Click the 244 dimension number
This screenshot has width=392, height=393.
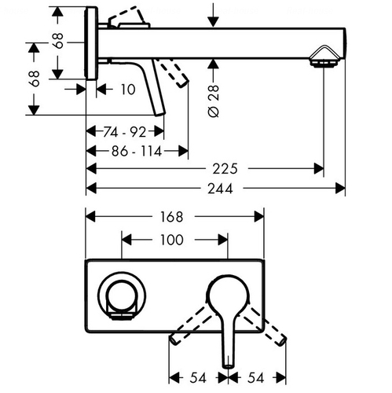pyautogui.click(x=220, y=189)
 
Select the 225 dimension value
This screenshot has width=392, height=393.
pyautogui.click(x=225, y=169)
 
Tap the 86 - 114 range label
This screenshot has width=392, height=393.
pyautogui.click(x=137, y=151)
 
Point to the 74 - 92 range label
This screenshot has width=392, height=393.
pyautogui.click(x=125, y=131)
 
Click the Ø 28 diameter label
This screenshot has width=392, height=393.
pyautogui.click(x=214, y=101)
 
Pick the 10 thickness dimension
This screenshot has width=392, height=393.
pyautogui.click(x=128, y=90)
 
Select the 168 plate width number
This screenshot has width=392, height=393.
pyautogui.click(x=171, y=217)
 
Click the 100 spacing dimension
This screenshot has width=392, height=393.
pyautogui.click(x=171, y=240)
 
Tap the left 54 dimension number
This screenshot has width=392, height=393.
pyautogui.click(x=198, y=378)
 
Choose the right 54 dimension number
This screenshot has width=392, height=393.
pyautogui.click(x=255, y=378)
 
